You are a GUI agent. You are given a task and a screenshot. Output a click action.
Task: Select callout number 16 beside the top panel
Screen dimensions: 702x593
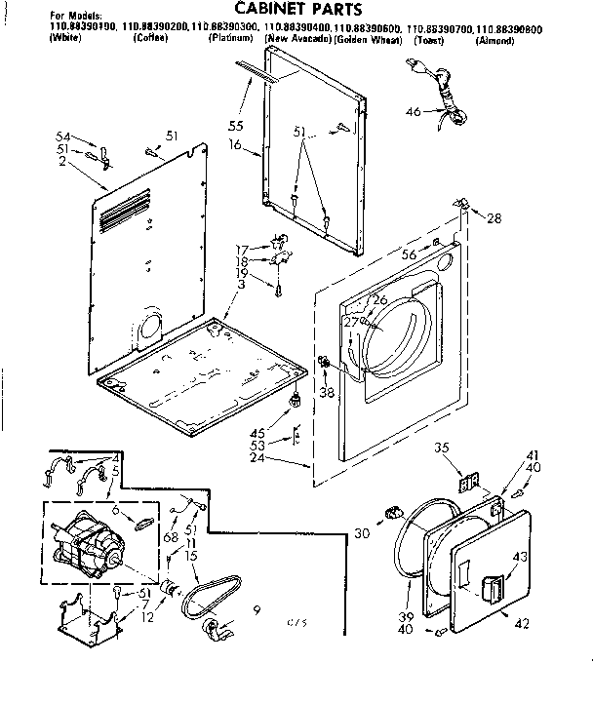[234, 143]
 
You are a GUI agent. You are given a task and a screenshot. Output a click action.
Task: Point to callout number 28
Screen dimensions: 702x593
[494, 218]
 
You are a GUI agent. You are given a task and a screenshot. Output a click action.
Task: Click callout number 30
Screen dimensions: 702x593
[362, 532]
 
